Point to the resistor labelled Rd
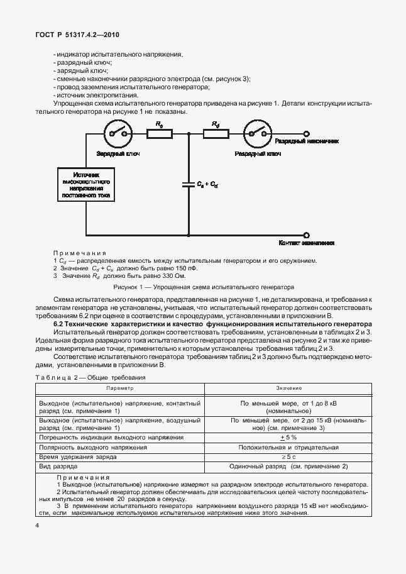(216, 133)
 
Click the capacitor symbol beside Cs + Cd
(187, 184)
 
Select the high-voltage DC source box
(85, 184)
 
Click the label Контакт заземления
(306, 242)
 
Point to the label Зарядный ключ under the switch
(118, 153)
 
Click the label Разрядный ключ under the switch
(257, 153)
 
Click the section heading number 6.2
(60, 323)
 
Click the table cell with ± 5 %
(288, 437)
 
